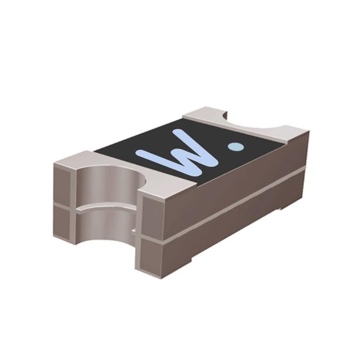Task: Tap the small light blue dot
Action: (x=236, y=146)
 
